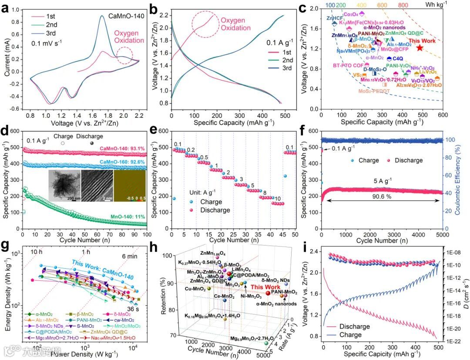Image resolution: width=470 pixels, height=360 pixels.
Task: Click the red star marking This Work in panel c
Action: pos(420,47)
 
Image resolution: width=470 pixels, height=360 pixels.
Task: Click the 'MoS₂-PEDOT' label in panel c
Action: pos(373,91)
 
